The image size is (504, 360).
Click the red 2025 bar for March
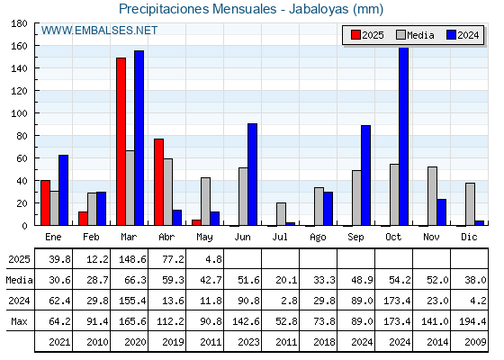coord(121,141)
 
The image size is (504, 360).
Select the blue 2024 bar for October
coord(404,136)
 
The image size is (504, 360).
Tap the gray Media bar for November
coord(432,196)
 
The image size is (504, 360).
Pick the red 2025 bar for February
coord(83,219)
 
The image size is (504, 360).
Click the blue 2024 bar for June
coord(252,175)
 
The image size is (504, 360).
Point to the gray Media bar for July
coord(281,214)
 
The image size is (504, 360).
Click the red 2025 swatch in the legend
coord(355,35)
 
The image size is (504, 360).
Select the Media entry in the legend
coord(415,35)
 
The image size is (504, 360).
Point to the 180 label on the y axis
coord(19,23)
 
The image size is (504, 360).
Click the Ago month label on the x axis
coord(318,238)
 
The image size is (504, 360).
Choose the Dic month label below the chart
coord(469,237)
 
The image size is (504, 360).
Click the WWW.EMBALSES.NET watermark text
coord(99,31)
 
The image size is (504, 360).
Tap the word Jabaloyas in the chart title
coord(319,9)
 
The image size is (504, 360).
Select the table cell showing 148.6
coord(129,259)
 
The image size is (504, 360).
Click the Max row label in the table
coord(19,321)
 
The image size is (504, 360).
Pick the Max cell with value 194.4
coord(469,320)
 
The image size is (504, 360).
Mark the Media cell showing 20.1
coord(280,280)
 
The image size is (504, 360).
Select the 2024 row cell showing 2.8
coord(280,301)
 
